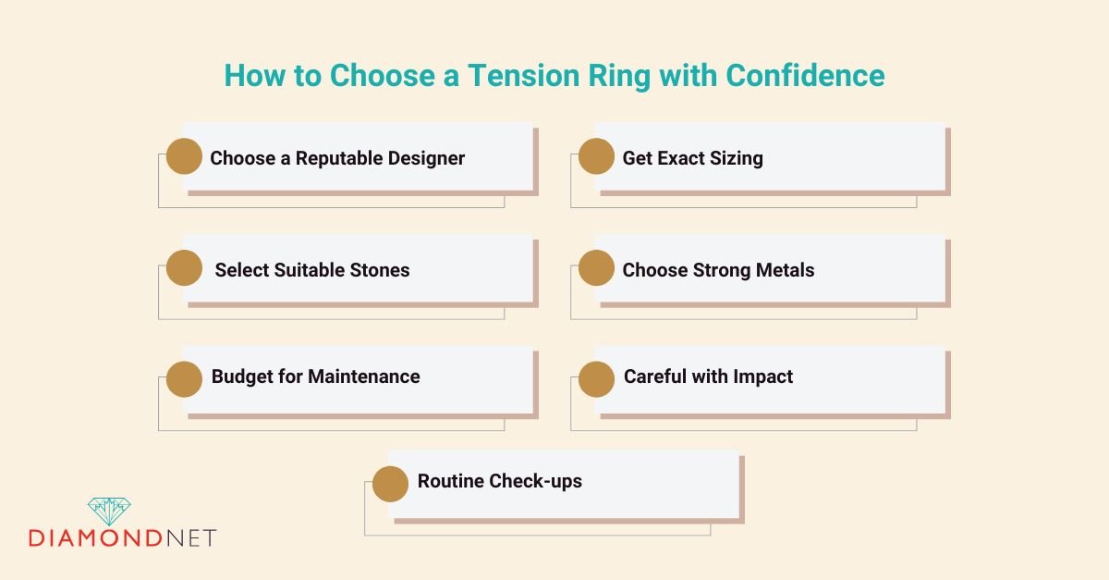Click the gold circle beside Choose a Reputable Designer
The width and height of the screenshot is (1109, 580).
pyautogui.click(x=184, y=156)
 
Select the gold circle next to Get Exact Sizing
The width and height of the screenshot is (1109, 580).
pyautogui.click(x=596, y=156)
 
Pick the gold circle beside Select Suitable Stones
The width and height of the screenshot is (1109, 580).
pyautogui.click(x=184, y=268)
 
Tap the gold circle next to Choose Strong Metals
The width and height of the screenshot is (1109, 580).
pyautogui.click(x=596, y=268)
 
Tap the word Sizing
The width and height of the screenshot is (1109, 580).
pyautogui.click(x=736, y=158)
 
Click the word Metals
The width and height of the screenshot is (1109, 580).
pyautogui.click(x=783, y=270)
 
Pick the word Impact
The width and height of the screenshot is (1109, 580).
pyautogui.click(x=762, y=376)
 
